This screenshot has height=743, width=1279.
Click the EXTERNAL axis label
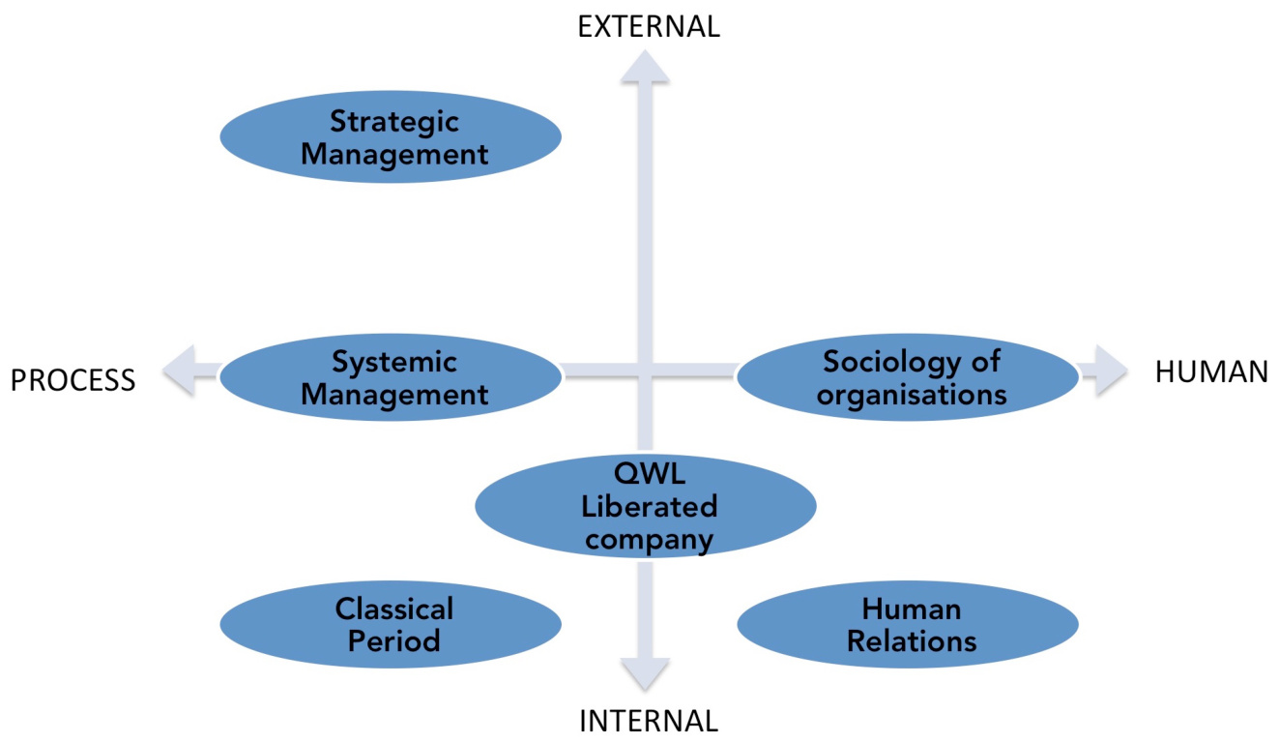click(x=649, y=26)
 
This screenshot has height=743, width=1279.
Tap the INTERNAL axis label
click(x=649, y=721)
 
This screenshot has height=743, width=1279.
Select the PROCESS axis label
click(x=73, y=380)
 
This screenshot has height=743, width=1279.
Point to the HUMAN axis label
click(x=1211, y=372)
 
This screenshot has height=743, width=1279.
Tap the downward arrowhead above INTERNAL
click(x=645, y=672)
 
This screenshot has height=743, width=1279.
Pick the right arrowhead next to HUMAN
click(x=1107, y=371)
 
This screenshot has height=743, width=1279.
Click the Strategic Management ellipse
click(x=391, y=137)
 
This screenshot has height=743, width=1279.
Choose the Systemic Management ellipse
click(x=391, y=377)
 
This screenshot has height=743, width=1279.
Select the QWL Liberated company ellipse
click(x=646, y=506)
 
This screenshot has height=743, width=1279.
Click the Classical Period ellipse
click(x=391, y=624)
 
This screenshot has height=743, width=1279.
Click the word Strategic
click(x=394, y=122)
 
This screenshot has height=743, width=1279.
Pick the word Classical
click(x=394, y=609)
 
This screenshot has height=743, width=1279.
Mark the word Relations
click(x=912, y=640)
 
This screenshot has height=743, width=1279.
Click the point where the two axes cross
click(x=646, y=371)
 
